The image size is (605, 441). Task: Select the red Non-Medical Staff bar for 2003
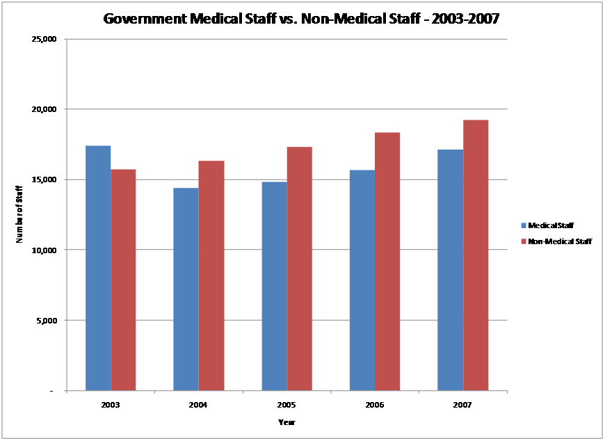pos(123,280)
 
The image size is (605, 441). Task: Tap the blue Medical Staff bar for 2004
pos(186,289)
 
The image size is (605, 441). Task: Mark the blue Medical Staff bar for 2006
pos(362,280)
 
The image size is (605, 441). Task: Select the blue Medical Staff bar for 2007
pos(450,270)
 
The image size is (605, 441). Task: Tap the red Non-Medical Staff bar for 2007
pos(476,255)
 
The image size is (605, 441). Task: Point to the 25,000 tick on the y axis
pos(44,39)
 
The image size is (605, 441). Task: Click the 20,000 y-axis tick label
pos(44,109)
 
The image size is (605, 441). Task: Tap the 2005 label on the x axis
pos(287,403)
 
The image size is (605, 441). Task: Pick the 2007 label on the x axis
pos(462,403)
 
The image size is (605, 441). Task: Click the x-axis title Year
pos(287,422)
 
